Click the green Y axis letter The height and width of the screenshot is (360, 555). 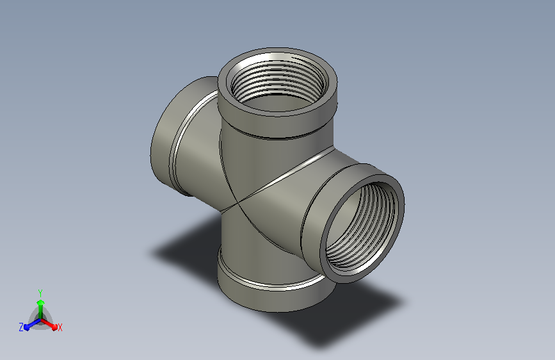[40, 293]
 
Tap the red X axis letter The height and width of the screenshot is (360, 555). [60, 327]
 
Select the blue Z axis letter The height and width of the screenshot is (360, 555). [21, 327]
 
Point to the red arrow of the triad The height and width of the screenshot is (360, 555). [49, 324]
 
